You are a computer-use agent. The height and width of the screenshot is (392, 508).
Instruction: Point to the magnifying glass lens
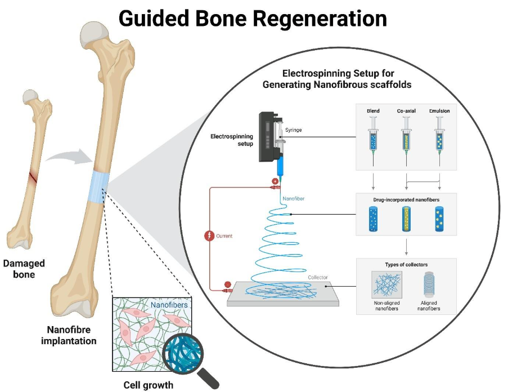coord(185,354)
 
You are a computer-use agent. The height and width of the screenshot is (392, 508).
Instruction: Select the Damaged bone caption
coord(24,269)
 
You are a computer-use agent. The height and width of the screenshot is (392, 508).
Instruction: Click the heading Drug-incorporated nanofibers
coord(406,200)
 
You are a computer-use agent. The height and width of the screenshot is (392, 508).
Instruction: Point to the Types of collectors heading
coord(406,265)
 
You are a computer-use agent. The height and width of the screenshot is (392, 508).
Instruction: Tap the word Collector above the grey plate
coord(318,277)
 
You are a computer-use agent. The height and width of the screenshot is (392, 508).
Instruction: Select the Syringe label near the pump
coord(293,130)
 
